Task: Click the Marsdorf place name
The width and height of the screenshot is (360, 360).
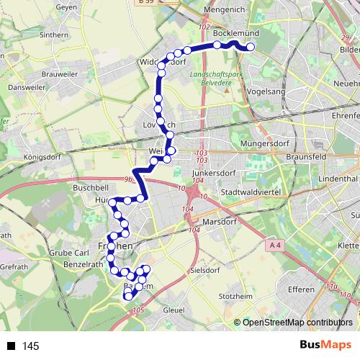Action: [220, 222]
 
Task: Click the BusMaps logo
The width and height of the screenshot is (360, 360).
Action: [324, 346]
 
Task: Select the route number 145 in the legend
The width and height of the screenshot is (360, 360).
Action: [31, 346]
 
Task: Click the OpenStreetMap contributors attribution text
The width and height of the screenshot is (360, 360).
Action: [298, 323]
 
